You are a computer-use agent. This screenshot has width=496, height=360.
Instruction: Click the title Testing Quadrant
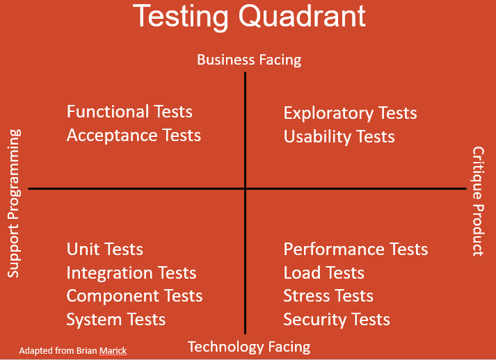(249, 16)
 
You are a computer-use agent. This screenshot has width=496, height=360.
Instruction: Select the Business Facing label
(249, 60)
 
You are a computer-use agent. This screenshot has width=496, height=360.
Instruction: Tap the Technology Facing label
(249, 346)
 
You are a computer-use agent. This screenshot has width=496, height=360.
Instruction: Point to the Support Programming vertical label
(15, 203)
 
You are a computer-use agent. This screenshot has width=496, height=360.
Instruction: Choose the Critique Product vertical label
(478, 201)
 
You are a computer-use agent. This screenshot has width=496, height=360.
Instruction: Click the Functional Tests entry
(129, 112)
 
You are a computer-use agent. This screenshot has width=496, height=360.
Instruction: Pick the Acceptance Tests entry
(134, 136)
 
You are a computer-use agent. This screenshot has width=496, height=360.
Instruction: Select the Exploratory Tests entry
(350, 113)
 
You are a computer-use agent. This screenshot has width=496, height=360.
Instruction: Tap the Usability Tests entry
(339, 136)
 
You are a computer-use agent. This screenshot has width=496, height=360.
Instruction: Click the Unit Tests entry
(104, 249)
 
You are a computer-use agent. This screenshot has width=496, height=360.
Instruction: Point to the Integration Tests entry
(131, 273)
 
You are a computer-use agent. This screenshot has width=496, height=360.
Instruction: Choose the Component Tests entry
(134, 296)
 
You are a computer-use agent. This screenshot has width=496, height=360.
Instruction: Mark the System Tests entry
(116, 320)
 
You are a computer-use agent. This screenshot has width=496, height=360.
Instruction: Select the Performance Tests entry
(355, 249)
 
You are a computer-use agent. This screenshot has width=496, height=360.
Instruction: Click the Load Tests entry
(323, 273)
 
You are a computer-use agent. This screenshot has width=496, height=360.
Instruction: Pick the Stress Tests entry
(328, 296)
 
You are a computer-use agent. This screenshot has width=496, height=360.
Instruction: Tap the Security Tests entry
(337, 320)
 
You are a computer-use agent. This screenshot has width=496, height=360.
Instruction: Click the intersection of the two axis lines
(246, 188)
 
